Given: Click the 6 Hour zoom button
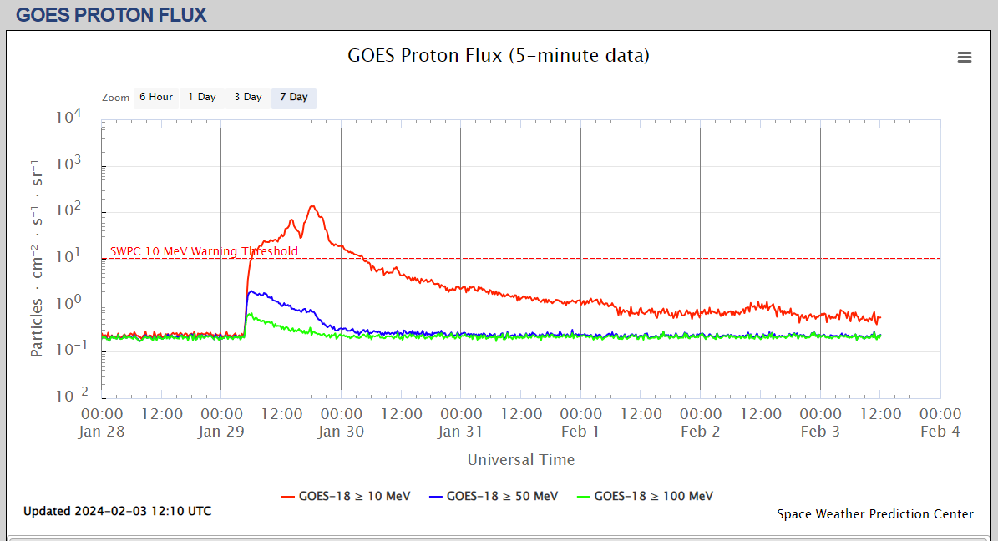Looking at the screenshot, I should pyautogui.click(x=155, y=98).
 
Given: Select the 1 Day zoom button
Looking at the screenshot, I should pyautogui.click(x=201, y=98).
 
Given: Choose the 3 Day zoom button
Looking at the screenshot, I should pyautogui.click(x=247, y=98).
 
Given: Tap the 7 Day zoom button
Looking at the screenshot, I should pyautogui.click(x=293, y=98).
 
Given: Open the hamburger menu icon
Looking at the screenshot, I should pyautogui.click(x=964, y=57).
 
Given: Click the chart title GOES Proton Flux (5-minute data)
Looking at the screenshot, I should pyautogui.click(x=498, y=56).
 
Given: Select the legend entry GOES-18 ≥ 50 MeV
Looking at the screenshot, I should pyautogui.click(x=493, y=496).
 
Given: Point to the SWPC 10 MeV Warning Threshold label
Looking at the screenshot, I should pyautogui.click(x=204, y=251).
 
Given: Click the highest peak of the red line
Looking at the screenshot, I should pyautogui.click(x=312, y=206).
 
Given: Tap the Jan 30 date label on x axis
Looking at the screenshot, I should pyautogui.click(x=341, y=432).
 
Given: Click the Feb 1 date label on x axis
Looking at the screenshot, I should pyautogui.click(x=580, y=432).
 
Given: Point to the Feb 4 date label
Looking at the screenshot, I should pyautogui.click(x=940, y=432).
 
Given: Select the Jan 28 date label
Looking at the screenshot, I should pyautogui.click(x=102, y=432).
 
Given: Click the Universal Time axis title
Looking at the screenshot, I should pyautogui.click(x=520, y=460).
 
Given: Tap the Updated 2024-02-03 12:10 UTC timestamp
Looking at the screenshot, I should pyautogui.click(x=117, y=511).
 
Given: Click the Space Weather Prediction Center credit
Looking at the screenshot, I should pyautogui.click(x=874, y=514).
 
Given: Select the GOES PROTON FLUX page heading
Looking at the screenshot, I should pyautogui.click(x=111, y=15).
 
